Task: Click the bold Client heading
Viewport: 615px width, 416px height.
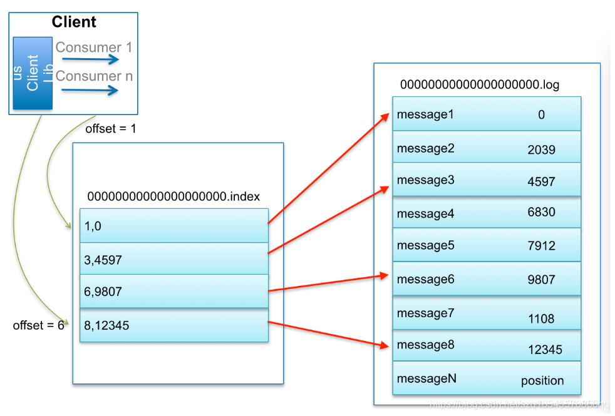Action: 74,22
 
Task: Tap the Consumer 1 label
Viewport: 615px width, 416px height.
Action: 94,47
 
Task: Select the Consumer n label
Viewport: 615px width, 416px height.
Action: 94,76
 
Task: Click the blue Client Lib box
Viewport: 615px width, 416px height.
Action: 33,73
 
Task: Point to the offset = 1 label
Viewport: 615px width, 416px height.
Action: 111,129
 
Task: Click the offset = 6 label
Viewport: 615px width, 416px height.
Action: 38,325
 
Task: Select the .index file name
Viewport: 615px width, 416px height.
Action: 173,196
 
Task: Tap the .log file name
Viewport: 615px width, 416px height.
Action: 480,84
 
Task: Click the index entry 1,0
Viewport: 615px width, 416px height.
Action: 93,226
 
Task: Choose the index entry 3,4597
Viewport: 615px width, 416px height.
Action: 103,260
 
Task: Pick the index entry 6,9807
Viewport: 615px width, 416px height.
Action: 103,292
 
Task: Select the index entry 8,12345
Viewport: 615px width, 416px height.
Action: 106,325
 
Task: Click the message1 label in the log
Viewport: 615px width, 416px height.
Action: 425,114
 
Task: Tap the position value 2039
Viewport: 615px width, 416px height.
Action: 541,150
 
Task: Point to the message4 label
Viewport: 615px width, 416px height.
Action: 425,214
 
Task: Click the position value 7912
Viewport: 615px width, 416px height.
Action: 541,246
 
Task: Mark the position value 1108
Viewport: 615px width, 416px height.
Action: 541,319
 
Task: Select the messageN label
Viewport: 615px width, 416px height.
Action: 426,378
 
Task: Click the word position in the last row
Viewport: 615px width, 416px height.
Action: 542,380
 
